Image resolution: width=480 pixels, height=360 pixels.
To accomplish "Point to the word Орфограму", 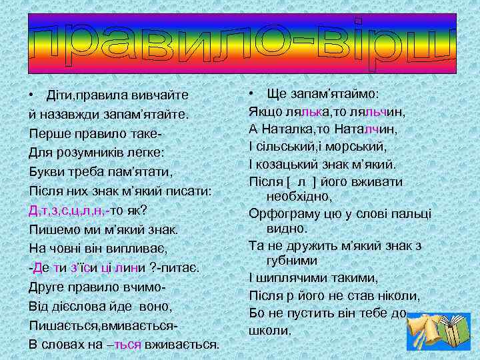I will click(x=285, y=213).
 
